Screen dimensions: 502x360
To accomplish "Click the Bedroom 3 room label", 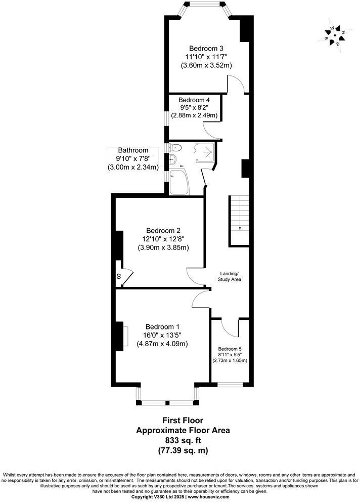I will (206, 48).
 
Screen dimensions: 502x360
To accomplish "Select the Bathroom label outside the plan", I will (133, 150).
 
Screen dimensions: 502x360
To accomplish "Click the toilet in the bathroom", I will (176, 148).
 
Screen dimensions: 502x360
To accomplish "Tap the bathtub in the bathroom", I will (179, 182).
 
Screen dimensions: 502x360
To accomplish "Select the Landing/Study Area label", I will (229, 275).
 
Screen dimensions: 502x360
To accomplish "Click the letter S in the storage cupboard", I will (119, 276).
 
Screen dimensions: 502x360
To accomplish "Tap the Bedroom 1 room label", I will (162, 326).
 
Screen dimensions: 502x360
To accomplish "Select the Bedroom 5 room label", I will (230, 349).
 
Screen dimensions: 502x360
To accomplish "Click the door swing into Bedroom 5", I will (230, 327).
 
